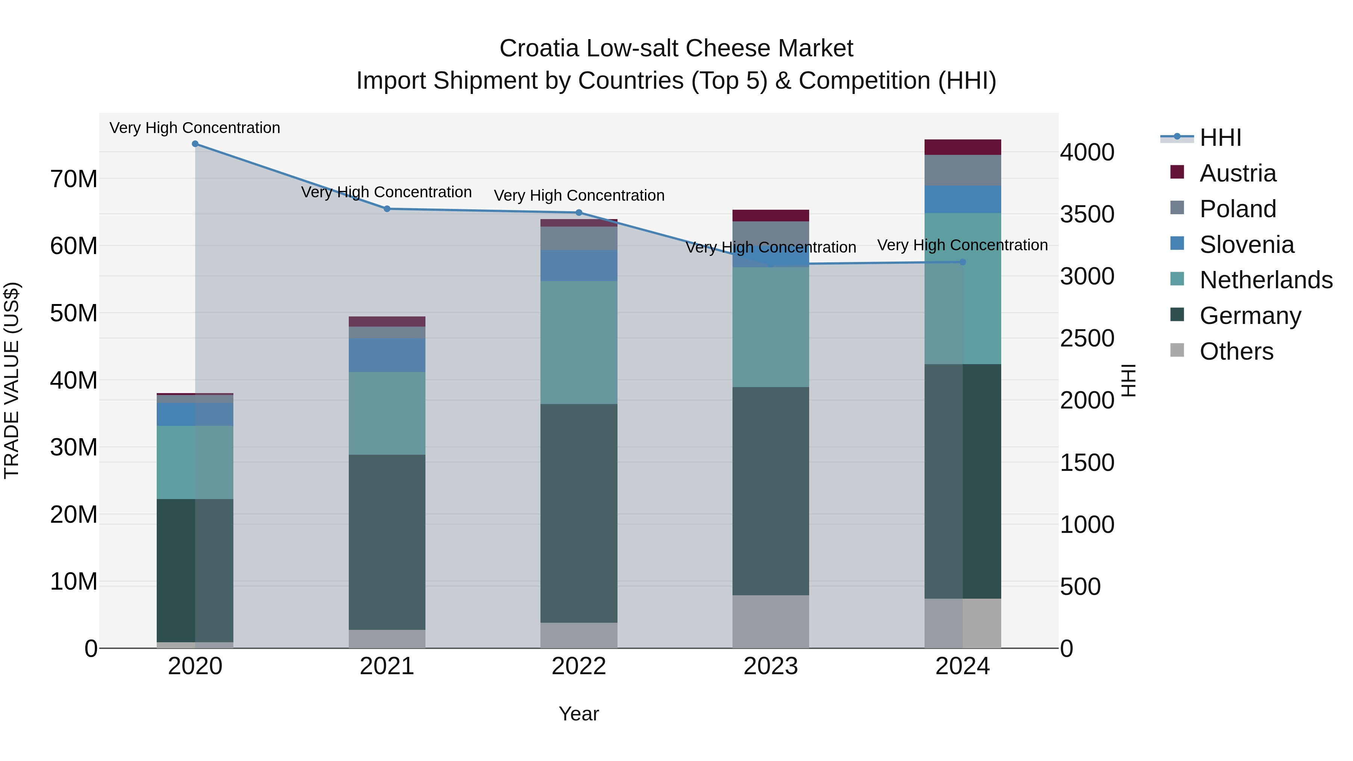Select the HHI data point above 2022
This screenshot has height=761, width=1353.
(579, 213)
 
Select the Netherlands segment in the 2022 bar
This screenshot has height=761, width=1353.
(579, 342)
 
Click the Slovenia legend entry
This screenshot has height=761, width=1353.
(1246, 245)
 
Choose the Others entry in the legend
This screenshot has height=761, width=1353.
(1236, 351)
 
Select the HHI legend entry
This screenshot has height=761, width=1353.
(1220, 138)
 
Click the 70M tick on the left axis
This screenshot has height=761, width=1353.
(74, 179)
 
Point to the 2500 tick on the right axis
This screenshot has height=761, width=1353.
(1087, 338)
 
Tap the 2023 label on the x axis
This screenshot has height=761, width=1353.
(770, 666)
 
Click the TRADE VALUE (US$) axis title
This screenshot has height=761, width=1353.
(12, 380)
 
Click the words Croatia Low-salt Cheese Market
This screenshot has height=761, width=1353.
(676, 48)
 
